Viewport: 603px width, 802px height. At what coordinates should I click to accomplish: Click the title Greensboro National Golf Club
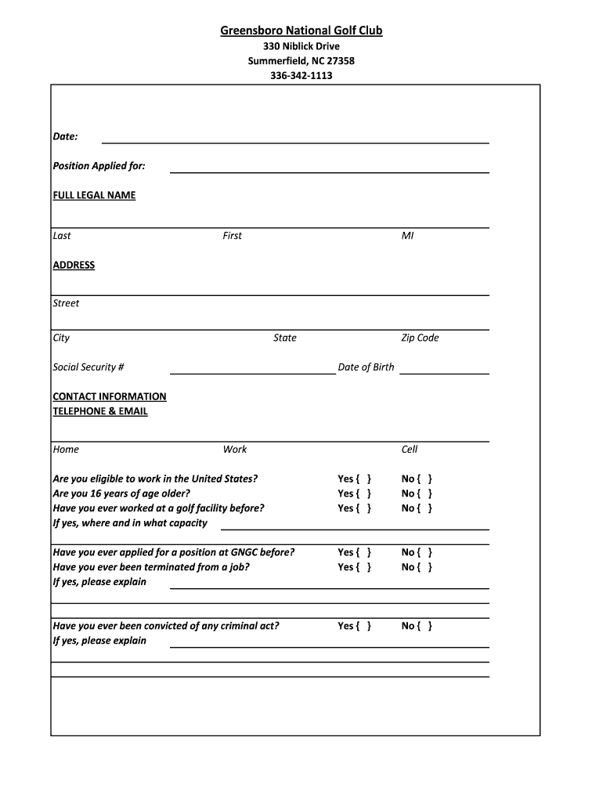coord(301,31)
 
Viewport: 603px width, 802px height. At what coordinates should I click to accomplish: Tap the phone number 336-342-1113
coord(301,76)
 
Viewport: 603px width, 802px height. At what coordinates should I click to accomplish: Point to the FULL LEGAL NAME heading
coord(94,195)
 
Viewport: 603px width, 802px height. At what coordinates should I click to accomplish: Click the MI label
coord(407,236)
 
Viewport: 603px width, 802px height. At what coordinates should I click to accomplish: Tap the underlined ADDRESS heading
coord(74,266)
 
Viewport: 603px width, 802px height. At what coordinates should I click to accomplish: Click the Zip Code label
coord(420,338)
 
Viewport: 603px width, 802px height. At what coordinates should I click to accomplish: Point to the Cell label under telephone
coord(410,450)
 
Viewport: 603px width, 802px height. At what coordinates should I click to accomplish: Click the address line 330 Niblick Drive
coord(301,46)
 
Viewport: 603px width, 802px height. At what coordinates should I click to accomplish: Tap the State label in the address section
coord(285,338)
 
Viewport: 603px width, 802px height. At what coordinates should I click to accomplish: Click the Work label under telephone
coord(235,450)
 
